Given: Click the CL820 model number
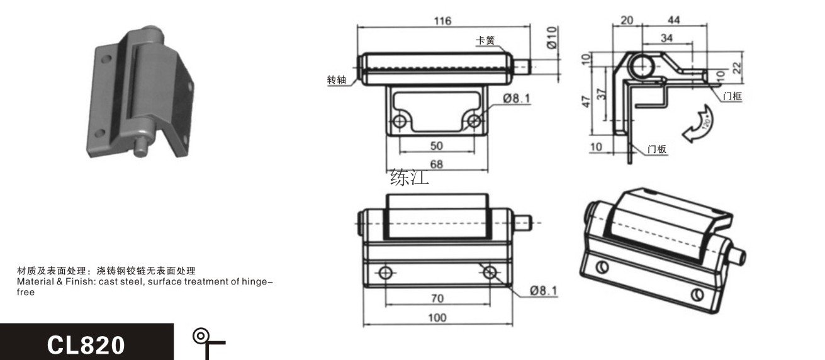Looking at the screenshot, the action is (x=86, y=345).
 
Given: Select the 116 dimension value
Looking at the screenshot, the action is (x=442, y=21).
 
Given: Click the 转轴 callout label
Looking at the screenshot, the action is (x=337, y=79).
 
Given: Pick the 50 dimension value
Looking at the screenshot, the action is (x=437, y=145).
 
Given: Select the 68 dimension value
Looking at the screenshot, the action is (x=437, y=164).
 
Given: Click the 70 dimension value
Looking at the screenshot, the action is (x=437, y=298).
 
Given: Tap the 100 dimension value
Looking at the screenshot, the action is (x=437, y=317).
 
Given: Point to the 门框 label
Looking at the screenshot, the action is (x=732, y=96).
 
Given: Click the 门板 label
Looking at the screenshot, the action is (x=657, y=149).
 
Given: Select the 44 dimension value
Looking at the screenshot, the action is (x=673, y=20).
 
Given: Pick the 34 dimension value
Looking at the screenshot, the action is (x=666, y=38).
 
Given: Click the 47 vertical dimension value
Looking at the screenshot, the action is (x=586, y=101).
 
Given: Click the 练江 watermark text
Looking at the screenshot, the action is (x=410, y=177).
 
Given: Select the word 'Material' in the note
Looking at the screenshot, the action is (x=35, y=281).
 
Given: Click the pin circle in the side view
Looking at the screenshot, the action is (x=641, y=66).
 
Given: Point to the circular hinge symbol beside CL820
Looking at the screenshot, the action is (x=200, y=335).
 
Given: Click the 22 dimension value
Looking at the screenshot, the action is (x=736, y=68).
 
